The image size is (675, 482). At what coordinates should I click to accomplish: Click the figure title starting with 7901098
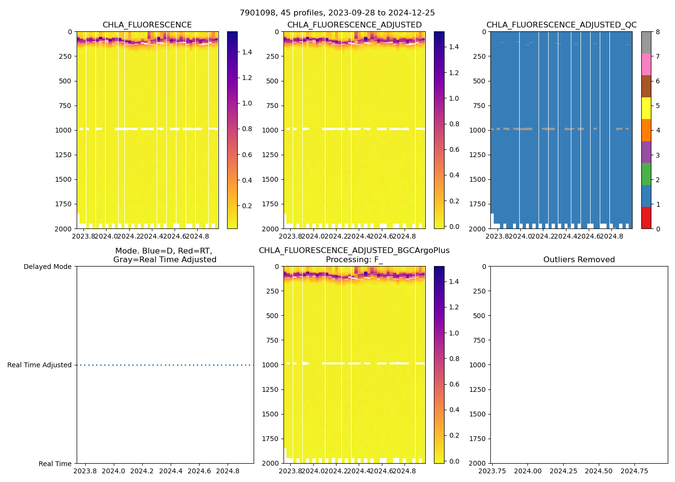(337, 13)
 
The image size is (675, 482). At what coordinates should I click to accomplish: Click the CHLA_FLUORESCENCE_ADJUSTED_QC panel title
(561, 25)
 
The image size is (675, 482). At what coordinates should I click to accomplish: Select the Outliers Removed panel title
(579, 260)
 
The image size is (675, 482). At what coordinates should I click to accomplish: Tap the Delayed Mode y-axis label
(47, 267)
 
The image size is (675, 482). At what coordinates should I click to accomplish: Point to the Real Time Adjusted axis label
(40, 365)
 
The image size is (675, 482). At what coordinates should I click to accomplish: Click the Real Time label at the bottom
(55, 464)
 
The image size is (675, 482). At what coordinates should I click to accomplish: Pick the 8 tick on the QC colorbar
(658, 32)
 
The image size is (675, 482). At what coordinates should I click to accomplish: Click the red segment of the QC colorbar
(646, 218)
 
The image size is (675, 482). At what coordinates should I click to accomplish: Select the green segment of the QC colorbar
(646, 174)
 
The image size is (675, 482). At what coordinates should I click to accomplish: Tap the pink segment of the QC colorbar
(646, 65)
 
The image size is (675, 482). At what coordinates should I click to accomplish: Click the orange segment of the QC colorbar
(646, 130)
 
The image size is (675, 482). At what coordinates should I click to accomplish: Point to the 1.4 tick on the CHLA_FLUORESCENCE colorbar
(247, 52)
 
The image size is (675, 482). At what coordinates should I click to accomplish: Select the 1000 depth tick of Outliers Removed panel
(482, 365)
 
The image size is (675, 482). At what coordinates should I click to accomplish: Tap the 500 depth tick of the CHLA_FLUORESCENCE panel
(65, 81)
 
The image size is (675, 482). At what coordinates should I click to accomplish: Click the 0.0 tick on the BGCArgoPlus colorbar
(454, 461)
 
